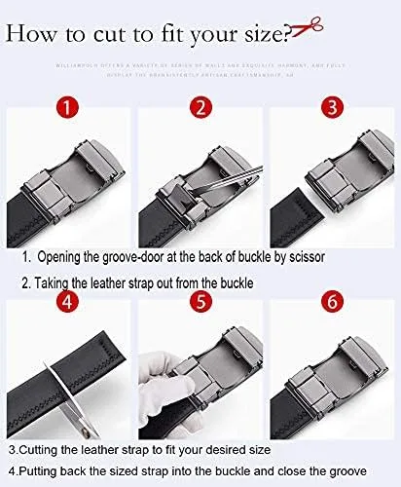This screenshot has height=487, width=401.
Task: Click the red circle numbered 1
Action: (67, 108)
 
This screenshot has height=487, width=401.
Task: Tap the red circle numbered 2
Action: (200, 108)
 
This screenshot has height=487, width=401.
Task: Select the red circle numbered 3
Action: (332, 108)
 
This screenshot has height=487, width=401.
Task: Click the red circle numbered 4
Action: (67, 303)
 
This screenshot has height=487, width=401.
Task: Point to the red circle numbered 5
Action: (200, 303)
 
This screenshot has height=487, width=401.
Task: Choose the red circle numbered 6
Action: (332, 303)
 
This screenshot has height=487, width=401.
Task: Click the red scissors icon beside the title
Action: (307, 31)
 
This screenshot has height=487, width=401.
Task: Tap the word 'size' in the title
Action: (264, 35)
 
